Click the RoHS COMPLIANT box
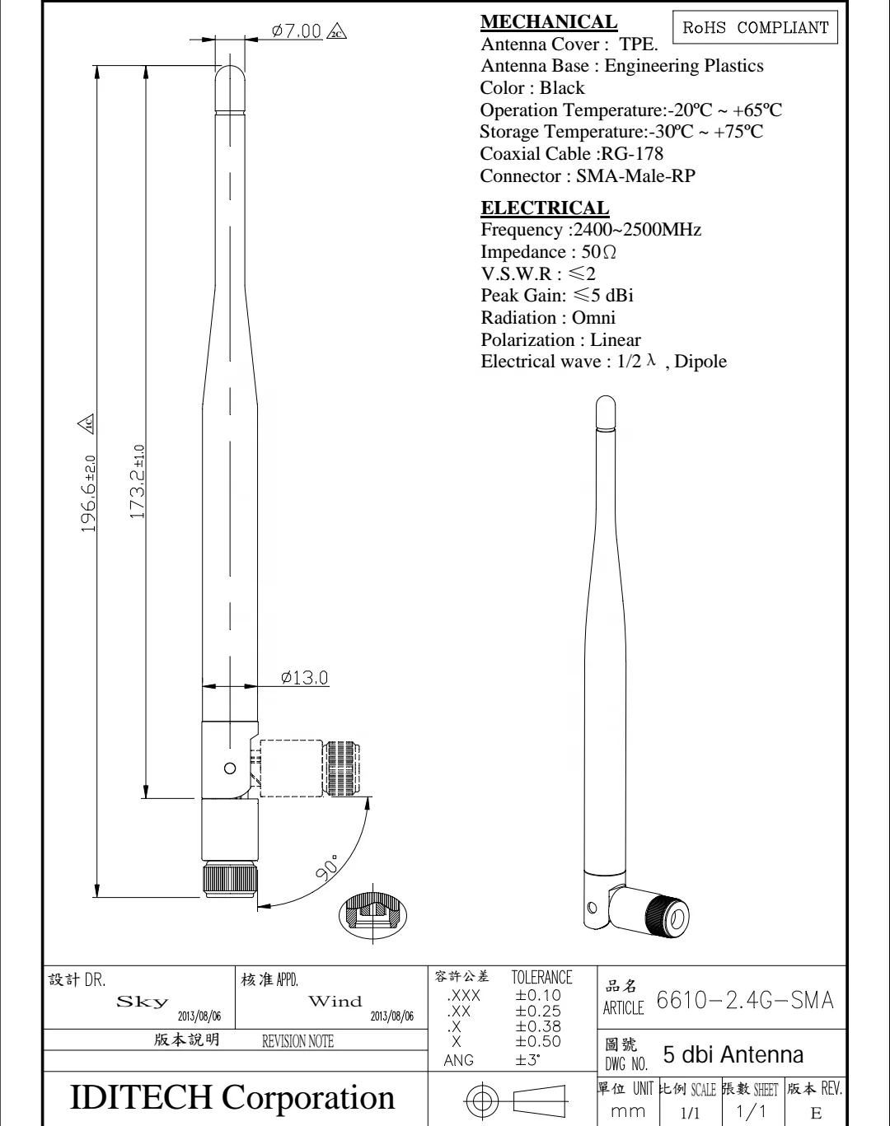[x=755, y=27]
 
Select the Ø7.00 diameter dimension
[x=297, y=31]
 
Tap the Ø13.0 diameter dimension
[x=304, y=678]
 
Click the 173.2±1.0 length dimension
[x=138, y=482]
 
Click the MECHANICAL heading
[x=548, y=22]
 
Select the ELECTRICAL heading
[x=545, y=208]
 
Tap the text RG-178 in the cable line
[x=632, y=154]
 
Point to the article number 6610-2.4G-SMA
[x=745, y=1001]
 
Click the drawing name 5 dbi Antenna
[x=733, y=1055]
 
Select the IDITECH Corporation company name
[x=233, y=1097]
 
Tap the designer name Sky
[x=143, y=1002]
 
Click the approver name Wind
[x=335, y=1002]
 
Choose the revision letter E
[x=816, y=1113]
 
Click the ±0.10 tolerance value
[x=538, y=995]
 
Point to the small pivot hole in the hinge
[x=231, y=769]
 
